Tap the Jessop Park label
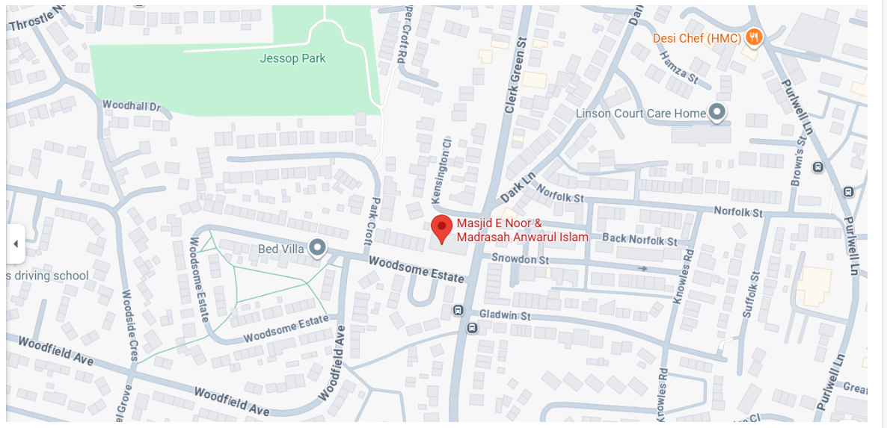pyautogui.click(x=292, y=58)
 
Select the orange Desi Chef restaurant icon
pyautogui.click(x=754, y=37)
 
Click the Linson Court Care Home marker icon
pyautogui.click(x=717, y=113)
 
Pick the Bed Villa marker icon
pyautogui.click(x=318, y=248)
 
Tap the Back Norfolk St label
pyautogui.click(x=639, y=241)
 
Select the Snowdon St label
pyautogui.click(x=522, y=259)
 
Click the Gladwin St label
pyautogui.click(x=505, y=315)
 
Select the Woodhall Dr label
pyautogui.click(x=132, y=106)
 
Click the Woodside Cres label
pyautogui.click(x=128, y=325)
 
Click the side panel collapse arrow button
pyautogui.click(x=16, y=244)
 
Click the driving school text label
pyautogui.click(x=48, y=276)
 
